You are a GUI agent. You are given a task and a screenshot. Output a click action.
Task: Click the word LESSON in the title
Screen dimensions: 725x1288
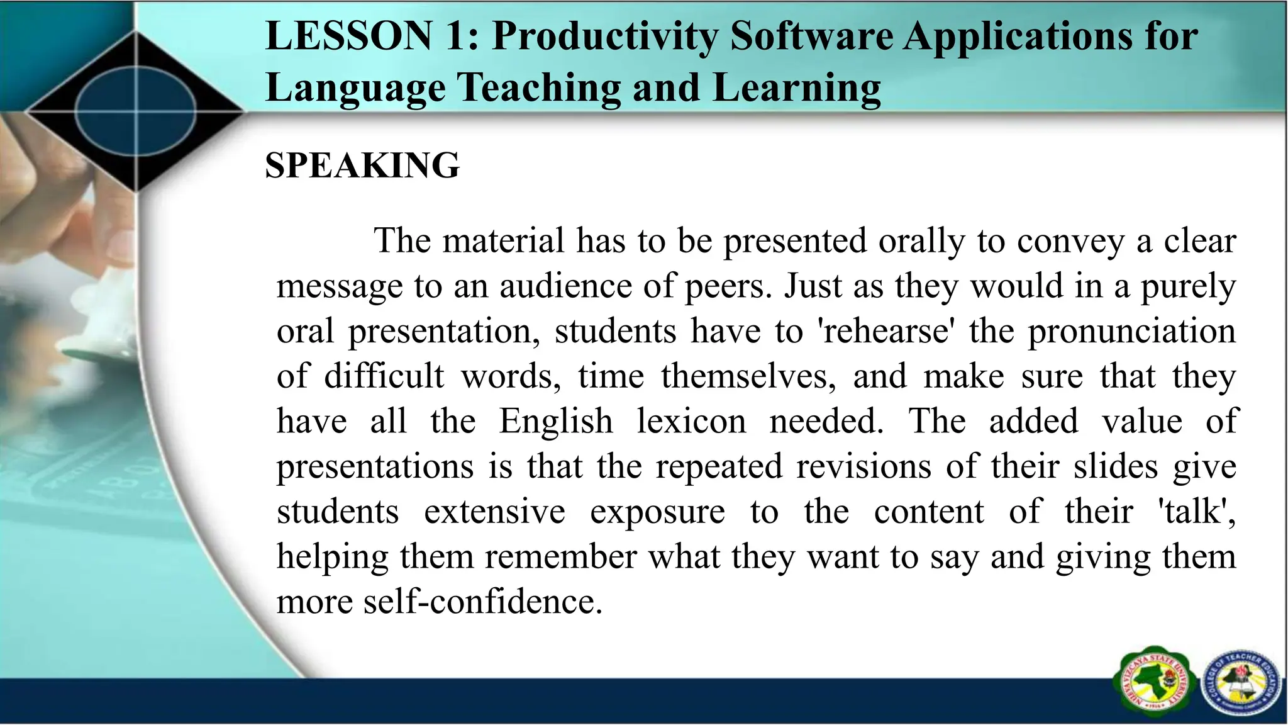coord(349,36)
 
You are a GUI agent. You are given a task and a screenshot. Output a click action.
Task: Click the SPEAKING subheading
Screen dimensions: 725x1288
coord(362,166)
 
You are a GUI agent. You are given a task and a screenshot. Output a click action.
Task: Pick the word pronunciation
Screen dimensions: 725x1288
coord(1132,331)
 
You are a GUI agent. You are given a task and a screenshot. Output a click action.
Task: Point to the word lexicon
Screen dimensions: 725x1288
coord(691,421)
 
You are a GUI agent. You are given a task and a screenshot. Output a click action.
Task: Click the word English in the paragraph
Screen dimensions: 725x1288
coord(556,421)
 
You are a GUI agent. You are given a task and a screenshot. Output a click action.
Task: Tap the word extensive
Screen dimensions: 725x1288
coord(494,511)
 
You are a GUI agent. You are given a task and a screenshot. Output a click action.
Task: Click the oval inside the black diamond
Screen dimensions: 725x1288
coord(136,112)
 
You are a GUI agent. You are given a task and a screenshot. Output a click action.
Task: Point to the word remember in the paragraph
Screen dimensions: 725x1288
coord(561,556)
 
